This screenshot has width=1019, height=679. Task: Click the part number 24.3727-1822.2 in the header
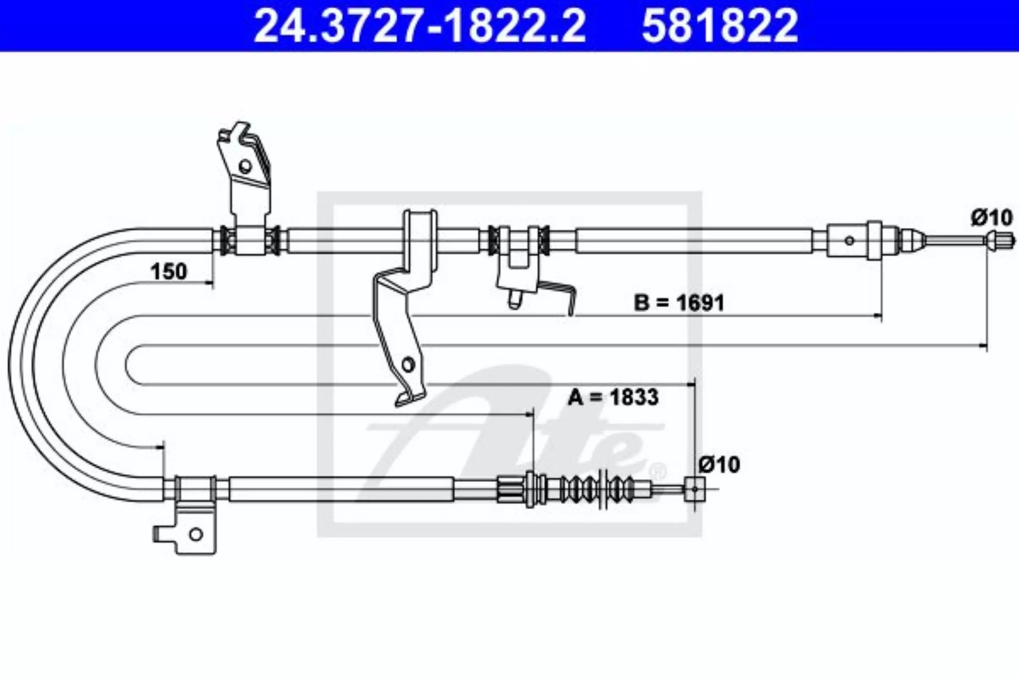point(420,25)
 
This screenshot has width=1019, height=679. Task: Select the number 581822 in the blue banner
point(720,25)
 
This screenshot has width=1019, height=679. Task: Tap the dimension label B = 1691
point(679,303)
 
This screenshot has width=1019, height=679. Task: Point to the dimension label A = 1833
point(613,397)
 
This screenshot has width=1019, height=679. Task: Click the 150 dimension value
point(168,272)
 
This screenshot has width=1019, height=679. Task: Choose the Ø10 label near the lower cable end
point(719,465)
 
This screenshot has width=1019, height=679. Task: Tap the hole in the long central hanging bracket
point(408,365)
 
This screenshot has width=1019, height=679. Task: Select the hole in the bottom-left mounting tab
point(196,534)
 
